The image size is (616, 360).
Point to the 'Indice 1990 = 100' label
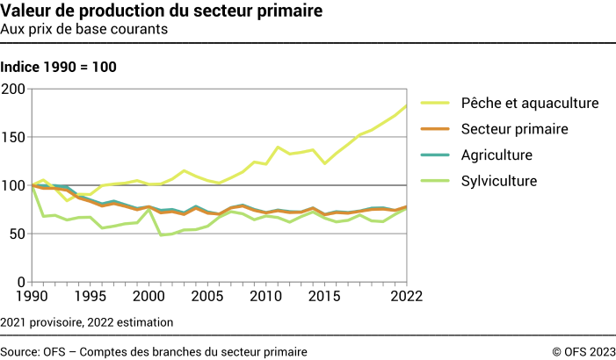coord(59,67)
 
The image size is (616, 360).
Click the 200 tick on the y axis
coord(15,89)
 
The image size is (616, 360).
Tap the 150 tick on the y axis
coord(15,137)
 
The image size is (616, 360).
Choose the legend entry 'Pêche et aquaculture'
coord(530,103)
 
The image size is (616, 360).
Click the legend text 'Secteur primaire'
coord(515,129)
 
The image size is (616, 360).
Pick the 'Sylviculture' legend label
coord(499,182)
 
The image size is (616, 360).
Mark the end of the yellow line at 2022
coord(406,106)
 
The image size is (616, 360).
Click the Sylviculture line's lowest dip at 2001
coord(161,235)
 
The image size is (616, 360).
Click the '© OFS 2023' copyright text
coord(583,351)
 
